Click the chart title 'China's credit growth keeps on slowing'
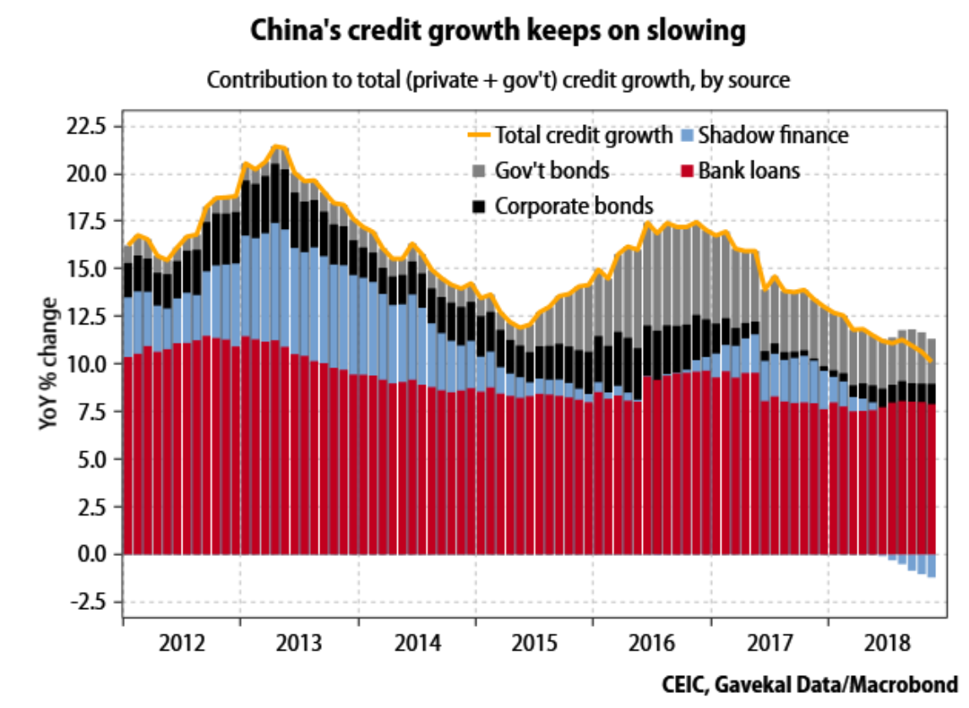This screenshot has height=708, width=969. (x=498, y=31)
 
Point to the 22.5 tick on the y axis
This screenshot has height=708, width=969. (x=90, y=128)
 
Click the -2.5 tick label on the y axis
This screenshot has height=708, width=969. (x=91, y=602)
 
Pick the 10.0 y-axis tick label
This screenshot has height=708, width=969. (x=90, y=365)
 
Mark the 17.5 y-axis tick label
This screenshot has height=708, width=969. (x=90, y=222)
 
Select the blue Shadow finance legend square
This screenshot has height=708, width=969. (x=688, y=135)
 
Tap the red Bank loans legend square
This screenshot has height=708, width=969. (x=688, y=171)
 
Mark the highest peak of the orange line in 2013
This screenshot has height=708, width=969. (x=277, y=147)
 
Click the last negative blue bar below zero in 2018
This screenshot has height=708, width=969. (x=932, y=566)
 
